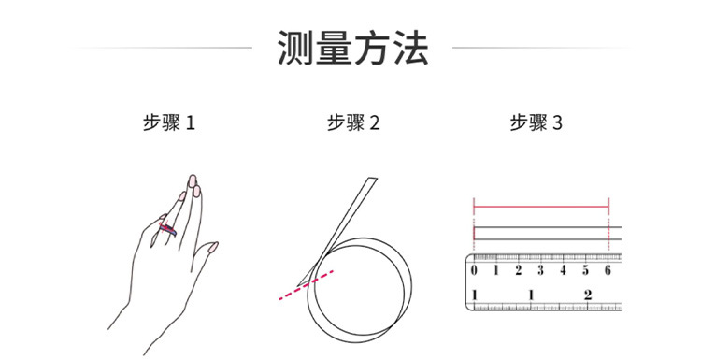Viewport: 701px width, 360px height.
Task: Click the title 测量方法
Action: pos(352,47)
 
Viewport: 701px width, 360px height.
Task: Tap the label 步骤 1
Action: pos(169,122)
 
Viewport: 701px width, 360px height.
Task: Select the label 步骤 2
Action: pos(352,122)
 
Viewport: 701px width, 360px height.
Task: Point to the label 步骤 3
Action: pos(536,122)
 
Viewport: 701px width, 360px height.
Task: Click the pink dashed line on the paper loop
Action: pos(305,285)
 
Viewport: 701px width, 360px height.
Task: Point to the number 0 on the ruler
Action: pos(474,271)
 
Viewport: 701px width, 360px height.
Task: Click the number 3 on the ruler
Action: pos(540,271)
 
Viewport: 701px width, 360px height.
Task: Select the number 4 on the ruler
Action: pos(563,271)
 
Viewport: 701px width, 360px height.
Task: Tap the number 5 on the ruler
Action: pos(585,271)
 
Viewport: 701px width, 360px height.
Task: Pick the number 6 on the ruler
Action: pos(608,271)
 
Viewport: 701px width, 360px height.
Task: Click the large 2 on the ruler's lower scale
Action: pos(587,295)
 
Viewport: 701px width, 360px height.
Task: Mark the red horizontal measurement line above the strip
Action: pos(541,203)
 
